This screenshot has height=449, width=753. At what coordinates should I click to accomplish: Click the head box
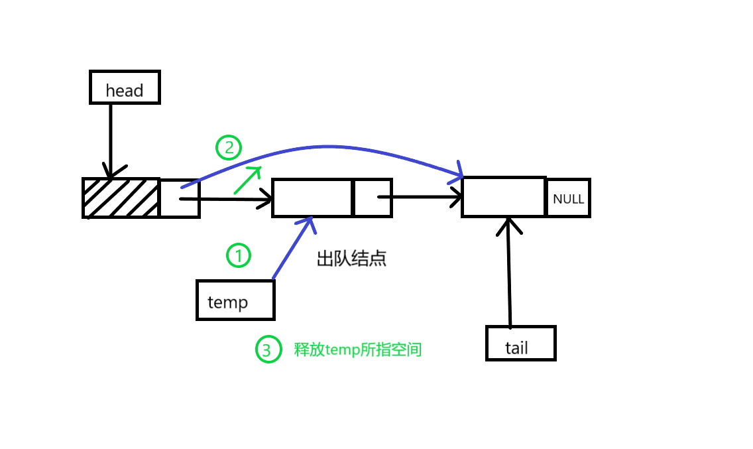click(x=125, y=88)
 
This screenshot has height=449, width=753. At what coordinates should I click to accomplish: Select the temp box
click(x=235, y=300)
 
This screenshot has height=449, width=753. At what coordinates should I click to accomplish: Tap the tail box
click(x=520, y=344)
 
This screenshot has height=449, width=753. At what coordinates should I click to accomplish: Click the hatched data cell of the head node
click(x=121, y=198)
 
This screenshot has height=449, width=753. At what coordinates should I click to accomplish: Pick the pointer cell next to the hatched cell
click(x=179, y=198)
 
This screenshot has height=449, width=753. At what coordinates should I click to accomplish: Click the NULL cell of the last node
click(x=568, y=198)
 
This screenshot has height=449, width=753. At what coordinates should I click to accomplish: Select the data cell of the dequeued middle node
click(x=312, y=198)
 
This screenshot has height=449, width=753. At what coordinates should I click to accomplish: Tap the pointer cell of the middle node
click(x=373, y=198)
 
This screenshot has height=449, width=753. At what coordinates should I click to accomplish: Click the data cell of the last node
click(x=504, y=197)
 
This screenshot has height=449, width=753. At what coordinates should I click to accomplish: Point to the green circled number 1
click(x=239, y=255)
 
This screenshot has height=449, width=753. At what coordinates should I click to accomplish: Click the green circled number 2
click(x=229, y=147)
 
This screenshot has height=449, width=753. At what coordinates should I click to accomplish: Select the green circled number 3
click(x=266, y=350)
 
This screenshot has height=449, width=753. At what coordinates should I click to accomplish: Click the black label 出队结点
click(x=351, y=259)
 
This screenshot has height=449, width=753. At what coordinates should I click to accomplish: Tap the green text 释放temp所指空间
click(x=358, y=350)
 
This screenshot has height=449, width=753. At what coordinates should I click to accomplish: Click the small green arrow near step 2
click(x=248, y=180)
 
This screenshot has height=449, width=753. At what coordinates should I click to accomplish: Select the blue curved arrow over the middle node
click(x=325, y=147)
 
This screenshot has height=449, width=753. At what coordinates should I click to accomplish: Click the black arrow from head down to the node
click(x=111, y=139)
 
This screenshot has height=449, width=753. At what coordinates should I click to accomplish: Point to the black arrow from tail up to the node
click(x=509, y=272)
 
